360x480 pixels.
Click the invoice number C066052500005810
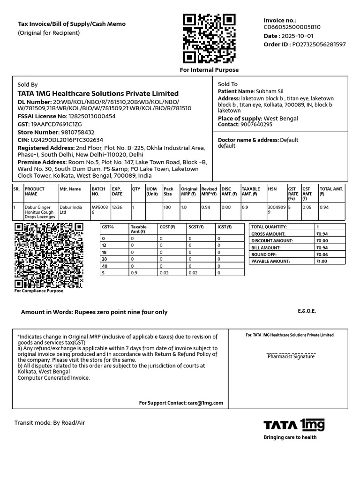pos(292,27)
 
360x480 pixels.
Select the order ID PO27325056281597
pos(319,45)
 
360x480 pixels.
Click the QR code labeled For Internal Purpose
pos(209,38)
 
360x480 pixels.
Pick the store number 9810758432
pos(74,132)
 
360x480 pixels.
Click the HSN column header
pos(272,189)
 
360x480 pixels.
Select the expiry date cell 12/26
pos(117,207)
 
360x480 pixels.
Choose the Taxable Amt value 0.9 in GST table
pos(134,273)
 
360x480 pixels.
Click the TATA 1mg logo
pos(294,425)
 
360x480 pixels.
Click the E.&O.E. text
pos(307,311)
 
